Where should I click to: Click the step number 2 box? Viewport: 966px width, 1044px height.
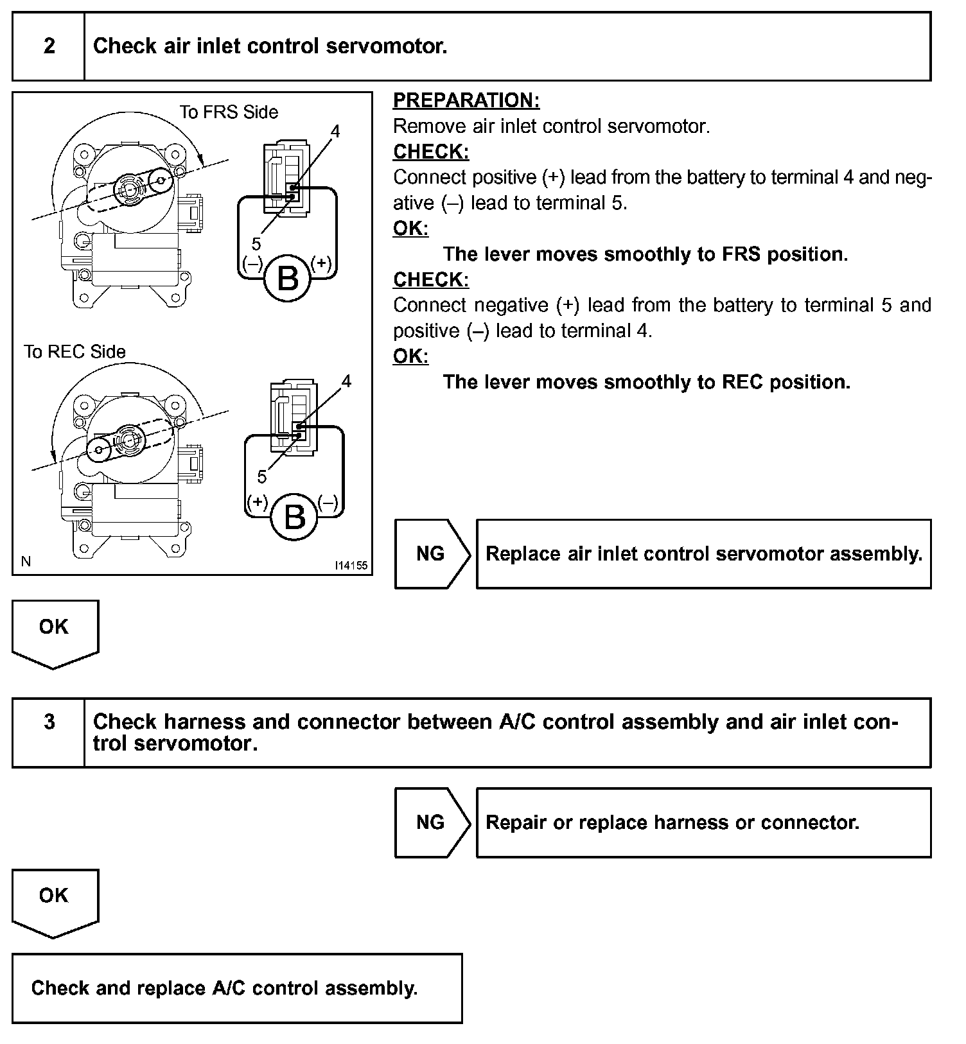[49, 46]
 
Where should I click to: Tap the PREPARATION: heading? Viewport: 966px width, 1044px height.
[466, 101]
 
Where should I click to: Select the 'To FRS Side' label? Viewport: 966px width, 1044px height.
[229, 112]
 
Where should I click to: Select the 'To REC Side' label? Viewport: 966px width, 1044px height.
[75, 352]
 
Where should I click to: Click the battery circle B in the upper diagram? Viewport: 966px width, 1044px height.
[287, 279]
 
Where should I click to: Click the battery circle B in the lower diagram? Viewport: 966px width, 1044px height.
[294, 517]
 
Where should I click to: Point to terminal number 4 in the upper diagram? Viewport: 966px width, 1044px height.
[335, 132]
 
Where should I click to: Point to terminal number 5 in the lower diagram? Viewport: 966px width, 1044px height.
[261, 476]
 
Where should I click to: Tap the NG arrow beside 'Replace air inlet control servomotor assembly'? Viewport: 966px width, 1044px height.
[431, 553]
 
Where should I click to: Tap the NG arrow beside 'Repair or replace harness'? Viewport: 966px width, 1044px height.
[431, 822]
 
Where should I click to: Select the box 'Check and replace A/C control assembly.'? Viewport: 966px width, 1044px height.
[236, 987]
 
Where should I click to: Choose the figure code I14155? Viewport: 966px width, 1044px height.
[351, 566]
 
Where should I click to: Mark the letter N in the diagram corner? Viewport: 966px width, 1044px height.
[26, 562]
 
